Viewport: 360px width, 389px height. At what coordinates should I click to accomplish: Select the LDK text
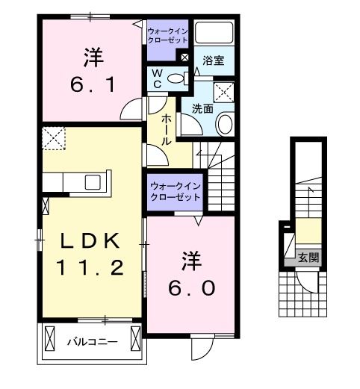tap(87, 240)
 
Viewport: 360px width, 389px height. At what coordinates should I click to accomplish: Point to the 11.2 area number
tap(87, 266)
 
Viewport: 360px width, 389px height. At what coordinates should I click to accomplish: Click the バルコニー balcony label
tap(92, 343)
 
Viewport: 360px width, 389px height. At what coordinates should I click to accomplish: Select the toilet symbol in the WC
tap(176, 77)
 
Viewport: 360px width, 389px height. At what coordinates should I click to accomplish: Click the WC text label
tap(158, 78)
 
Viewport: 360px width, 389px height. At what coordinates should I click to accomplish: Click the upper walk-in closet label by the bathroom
tap(168, 35)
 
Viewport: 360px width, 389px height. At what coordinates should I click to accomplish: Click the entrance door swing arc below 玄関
tap(308, 281)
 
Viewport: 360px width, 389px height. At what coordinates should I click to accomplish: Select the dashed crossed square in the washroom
tap(224, 93)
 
